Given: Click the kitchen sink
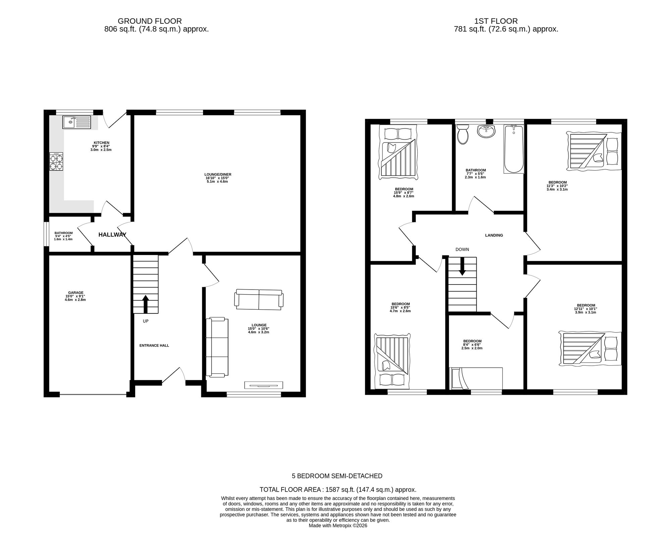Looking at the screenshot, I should click(76, 122).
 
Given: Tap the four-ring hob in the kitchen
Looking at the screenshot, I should click(56, 162).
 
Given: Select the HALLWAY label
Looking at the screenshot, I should click(112, 235).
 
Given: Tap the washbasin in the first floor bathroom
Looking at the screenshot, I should click(486, 131).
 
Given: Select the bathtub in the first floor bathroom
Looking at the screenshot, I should click(514, 149).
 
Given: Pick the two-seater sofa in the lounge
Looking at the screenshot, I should click(259, 299).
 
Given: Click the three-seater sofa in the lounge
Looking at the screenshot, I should click(217, 347).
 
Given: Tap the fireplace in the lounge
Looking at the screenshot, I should click(263, 385).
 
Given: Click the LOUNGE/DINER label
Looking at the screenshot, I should click(218, 175).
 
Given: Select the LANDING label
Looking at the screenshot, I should click(494, 235).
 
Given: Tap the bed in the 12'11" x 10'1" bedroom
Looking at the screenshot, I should click(590, 348).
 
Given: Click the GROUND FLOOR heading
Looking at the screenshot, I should click(150, 21).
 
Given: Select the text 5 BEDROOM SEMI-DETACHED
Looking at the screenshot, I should click(337, 476).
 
